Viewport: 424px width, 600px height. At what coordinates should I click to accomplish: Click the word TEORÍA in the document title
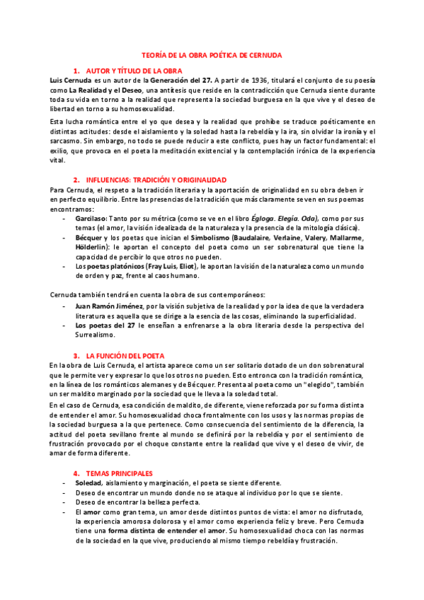tap(153, 54)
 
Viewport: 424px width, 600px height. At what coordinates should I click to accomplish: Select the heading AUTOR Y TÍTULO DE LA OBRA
tap(134, 71)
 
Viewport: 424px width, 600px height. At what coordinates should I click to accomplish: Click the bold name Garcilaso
tap(91, 219)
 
